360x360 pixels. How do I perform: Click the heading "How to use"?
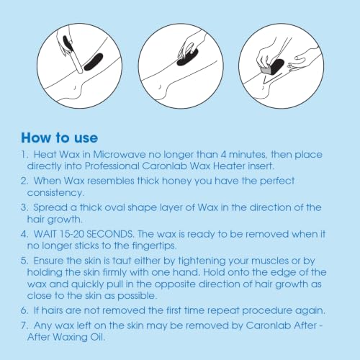(59, 138)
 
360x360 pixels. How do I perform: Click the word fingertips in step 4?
(154, 246)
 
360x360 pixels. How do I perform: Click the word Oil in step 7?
(98, 337)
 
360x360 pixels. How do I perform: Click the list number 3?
(24, 207)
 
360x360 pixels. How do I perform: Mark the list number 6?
(24, 310)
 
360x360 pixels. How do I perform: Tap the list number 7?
(24, 325)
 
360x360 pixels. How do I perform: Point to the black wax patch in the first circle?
(94, 62)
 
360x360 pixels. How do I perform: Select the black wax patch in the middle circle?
(187, 57)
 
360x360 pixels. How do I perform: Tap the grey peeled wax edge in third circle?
(266, 71)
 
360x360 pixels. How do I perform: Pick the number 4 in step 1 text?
(223, 154)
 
